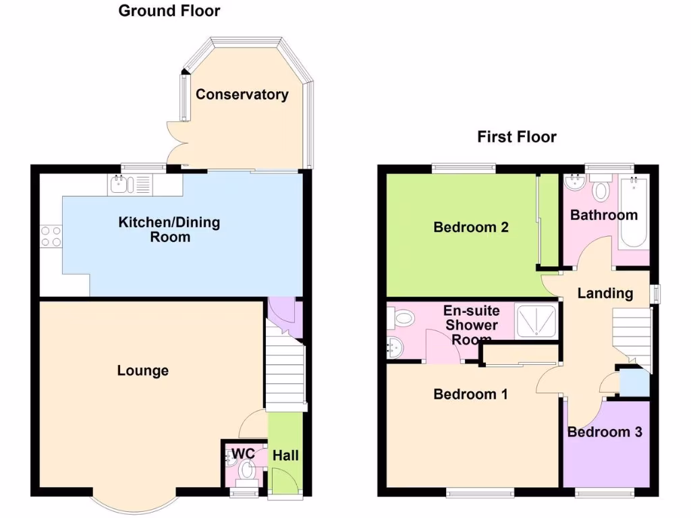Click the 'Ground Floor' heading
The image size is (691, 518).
(x=169, y=11)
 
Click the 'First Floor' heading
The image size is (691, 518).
(x=517, y=137)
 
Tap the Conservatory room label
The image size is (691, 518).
(x=242, y=94)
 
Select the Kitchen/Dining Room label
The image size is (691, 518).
(x=169, y=229)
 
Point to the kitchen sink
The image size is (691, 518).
(x=121, y=183)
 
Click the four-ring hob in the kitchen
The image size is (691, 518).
(x=51, y=237)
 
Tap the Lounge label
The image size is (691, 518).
(x=143, y=370)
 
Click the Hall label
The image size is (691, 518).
(x=285, y=456)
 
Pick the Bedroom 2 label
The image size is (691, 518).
(x=471, y=227)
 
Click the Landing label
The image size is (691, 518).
(x=605, y=293)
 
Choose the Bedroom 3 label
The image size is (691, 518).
(x=605, y=432)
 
